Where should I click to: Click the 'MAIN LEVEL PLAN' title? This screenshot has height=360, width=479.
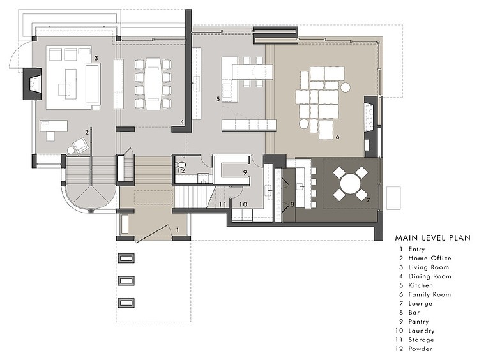click(x=432, y=238)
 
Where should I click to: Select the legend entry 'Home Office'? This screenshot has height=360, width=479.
click(x=430, y=259)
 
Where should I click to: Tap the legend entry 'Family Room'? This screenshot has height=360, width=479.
click(x=430, y=295)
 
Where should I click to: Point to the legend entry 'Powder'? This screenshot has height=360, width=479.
click(x=420, y=349)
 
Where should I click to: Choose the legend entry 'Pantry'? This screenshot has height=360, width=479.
click(x=418, y=322)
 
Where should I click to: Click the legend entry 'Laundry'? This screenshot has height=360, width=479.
click(x=422, y=331)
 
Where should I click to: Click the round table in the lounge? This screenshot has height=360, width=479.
click(x=350, y=184)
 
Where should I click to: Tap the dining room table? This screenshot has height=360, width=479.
click(x=153, y=84)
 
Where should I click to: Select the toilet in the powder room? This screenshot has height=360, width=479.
click(x=183, y=166)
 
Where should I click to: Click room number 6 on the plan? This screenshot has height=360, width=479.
click(x=337, y=137)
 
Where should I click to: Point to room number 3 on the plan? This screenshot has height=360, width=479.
click(x=96, y=58)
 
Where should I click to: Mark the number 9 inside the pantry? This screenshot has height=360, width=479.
click(x=245, y=172)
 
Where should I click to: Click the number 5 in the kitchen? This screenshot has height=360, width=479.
click(x=218, y=99)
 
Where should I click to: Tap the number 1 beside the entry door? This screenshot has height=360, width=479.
click(x=177, y=229)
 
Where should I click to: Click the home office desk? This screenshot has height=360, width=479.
click(x=54, y=126)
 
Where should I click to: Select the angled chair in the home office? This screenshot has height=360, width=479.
click(x=80, y=145)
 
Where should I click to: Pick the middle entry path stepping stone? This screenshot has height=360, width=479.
click(x=126, y=280)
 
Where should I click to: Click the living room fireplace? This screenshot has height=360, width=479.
click(x=32, y=84)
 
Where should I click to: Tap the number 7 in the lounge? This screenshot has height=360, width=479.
click(x=368, y=200)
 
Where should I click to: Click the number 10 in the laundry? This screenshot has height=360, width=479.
click(x=243, y=204)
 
